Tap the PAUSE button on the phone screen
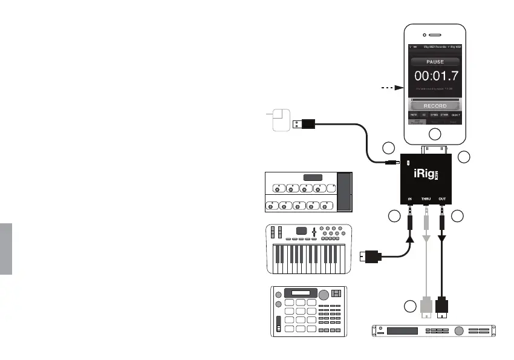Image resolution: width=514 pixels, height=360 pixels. tap(434, 61)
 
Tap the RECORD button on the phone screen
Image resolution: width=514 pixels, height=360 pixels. tap(434, 106)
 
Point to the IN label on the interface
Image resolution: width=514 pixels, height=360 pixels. tap(411, 198)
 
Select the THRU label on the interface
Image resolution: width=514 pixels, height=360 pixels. tap(426, 198)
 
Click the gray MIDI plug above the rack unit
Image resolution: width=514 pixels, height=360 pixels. tap(427, 308)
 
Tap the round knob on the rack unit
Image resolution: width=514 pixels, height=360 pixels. tap(458, 331)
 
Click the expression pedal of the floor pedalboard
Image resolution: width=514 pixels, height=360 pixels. tap(344, 192)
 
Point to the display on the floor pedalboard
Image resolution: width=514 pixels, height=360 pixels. tap(313, 178)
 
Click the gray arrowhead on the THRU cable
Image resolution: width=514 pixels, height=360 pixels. tap(426, 240)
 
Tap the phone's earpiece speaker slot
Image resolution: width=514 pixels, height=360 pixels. tap(435, 34)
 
